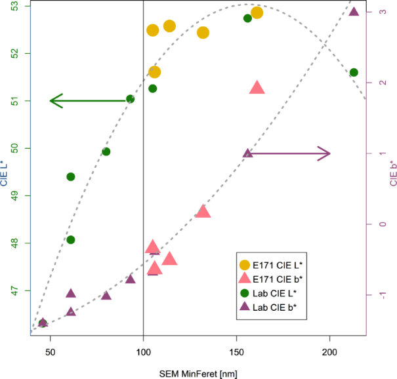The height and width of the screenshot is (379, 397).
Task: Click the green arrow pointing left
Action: coord(89,100)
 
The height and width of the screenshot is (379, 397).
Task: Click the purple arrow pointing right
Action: coord(289,153)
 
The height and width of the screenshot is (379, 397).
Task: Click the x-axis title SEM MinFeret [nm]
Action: coord(198,372)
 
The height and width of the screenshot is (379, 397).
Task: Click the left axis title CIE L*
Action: coord(5,174)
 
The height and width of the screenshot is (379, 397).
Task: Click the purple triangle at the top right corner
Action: coord(354,11)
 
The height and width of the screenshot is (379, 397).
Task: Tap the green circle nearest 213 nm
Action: coord(354,72)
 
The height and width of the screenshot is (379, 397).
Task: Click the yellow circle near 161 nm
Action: coord(257,12)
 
